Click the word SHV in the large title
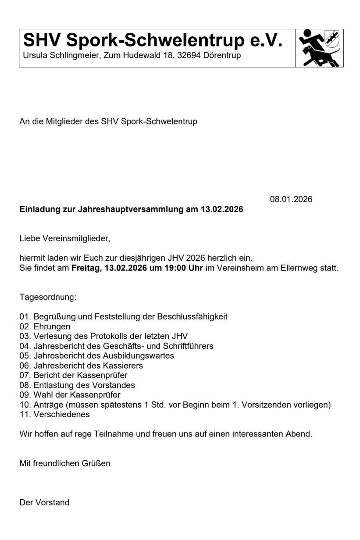[42, 40]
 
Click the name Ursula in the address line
[35, 56]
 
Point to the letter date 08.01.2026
[291, 199]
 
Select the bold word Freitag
[86, 268]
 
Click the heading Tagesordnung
[48, 297]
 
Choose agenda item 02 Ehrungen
[45, 327]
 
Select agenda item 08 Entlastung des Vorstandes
[77, 385]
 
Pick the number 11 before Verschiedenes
[24, 414]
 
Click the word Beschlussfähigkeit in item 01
[192, 317]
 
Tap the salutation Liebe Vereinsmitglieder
[65, 239]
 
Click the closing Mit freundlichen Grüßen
[65, 463]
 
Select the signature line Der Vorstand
[44, 502]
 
